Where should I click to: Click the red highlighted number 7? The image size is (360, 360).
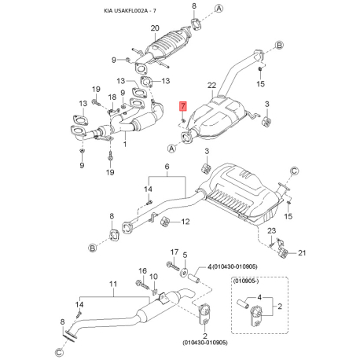point(182,105)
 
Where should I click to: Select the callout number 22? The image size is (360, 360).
point(211,84)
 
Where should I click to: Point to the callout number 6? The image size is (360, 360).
point(167,167)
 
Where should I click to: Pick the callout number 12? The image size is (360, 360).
point(186,222)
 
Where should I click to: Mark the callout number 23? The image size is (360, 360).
point(271,230)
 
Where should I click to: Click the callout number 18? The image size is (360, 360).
point(112,97)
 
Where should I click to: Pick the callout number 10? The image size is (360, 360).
point(154,277)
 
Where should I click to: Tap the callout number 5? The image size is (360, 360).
point(185,255)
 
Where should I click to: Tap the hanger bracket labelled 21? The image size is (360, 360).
point(286,250)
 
